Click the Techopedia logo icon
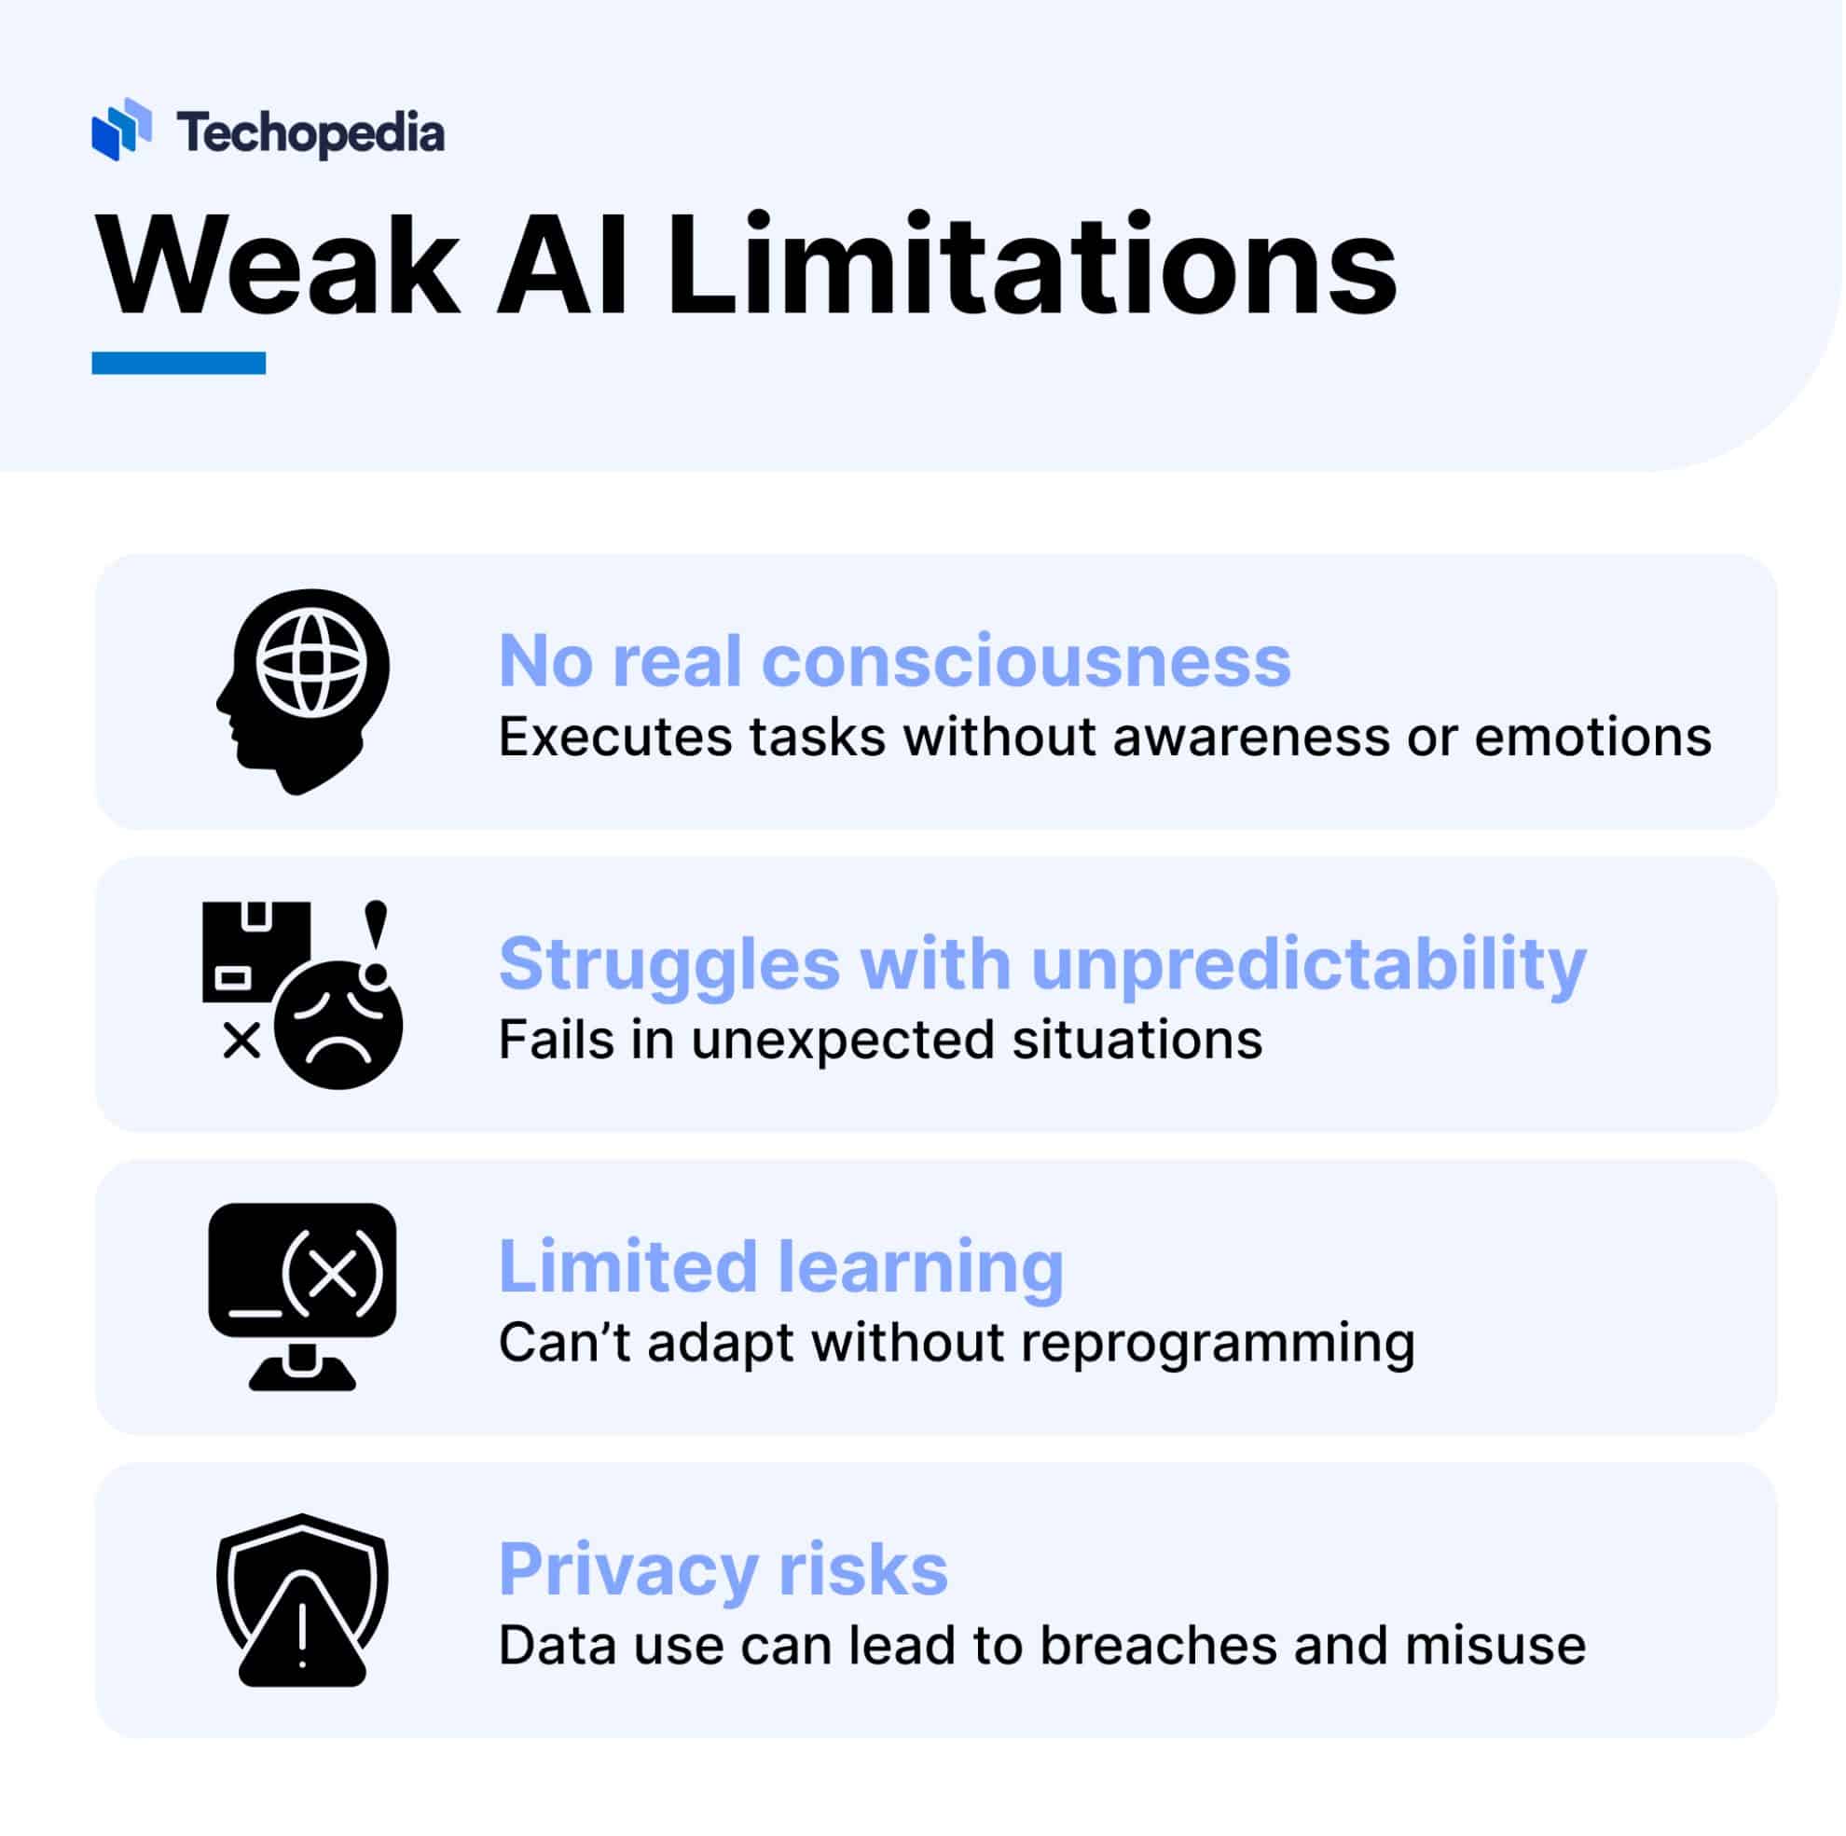tap(121, 129)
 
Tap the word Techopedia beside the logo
tap(310, 132)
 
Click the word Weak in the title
tap(277, 267)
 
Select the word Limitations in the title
tap(1032, 267)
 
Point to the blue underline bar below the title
tap(179, 363)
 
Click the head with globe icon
tap(304, 690)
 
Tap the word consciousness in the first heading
tap(1026, 661)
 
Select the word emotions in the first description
tap(1591, 737)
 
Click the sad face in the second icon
tap(338, 1027)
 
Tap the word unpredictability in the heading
tap(1309, 965)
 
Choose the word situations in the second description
tap(1137, 1040)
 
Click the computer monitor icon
tap(302, 1295)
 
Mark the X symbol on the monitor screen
tap(333, 1273)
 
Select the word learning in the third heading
tap(920, 1266)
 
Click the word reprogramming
tap(1218, 1344)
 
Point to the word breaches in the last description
tap(1158, 1646)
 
